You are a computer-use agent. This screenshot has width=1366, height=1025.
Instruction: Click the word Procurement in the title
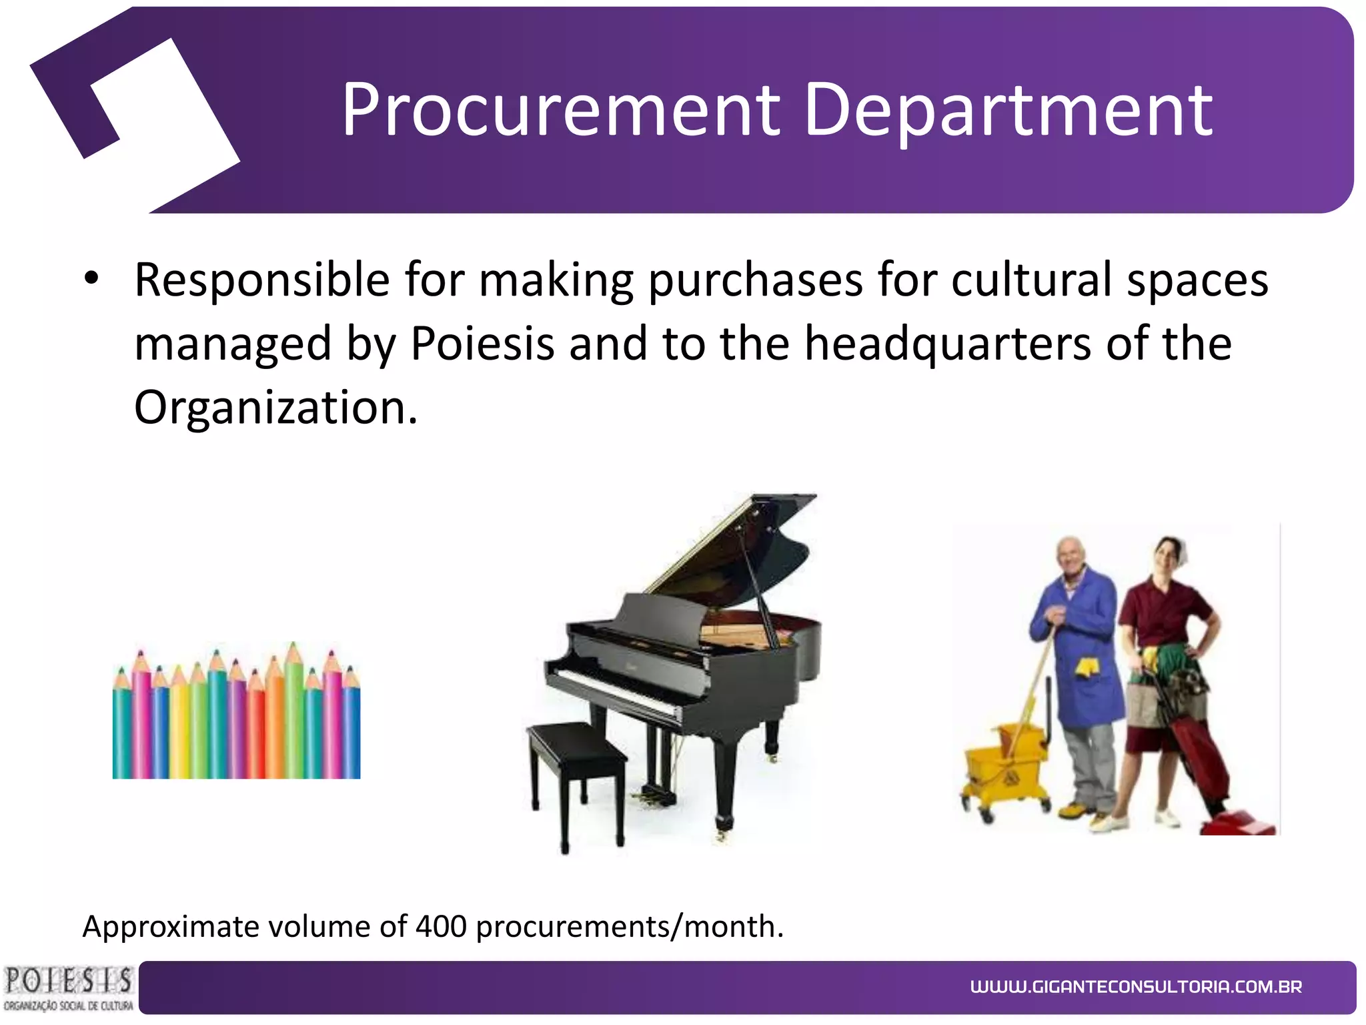(x=561, y=110)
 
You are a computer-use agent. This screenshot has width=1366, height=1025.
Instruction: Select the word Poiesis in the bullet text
(x=482, y=344)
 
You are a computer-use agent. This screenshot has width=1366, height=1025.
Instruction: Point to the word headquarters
(x=948, y=344)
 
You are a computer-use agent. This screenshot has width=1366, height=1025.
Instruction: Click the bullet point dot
(x=91, y=279)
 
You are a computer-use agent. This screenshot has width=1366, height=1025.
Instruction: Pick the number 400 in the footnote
(x=440, y=927)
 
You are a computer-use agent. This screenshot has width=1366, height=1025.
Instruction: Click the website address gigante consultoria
(x=1136, y=987)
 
